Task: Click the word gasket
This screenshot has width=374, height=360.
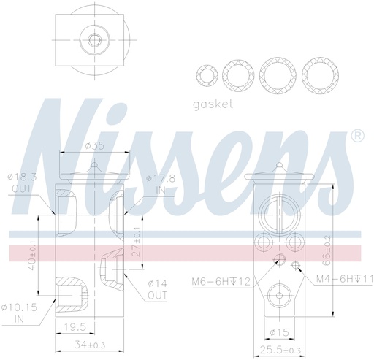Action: [x=213, y=104]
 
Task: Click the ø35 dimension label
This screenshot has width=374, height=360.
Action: [x=95, y=146]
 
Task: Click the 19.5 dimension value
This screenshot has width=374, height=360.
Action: [x=72, y=327]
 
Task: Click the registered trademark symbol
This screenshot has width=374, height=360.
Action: [x=358, y=137]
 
